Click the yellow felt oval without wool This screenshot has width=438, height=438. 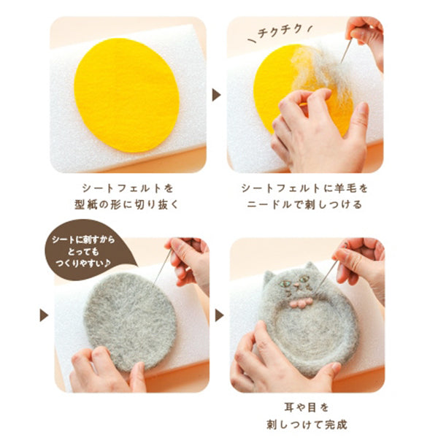(x=126, y=95)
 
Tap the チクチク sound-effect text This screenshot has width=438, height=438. (x=279, y=32)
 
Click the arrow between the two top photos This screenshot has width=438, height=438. (x=217, y=95)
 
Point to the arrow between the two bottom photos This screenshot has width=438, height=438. (x=217, y=316)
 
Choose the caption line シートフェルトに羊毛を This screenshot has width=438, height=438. (x=306, y=188)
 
